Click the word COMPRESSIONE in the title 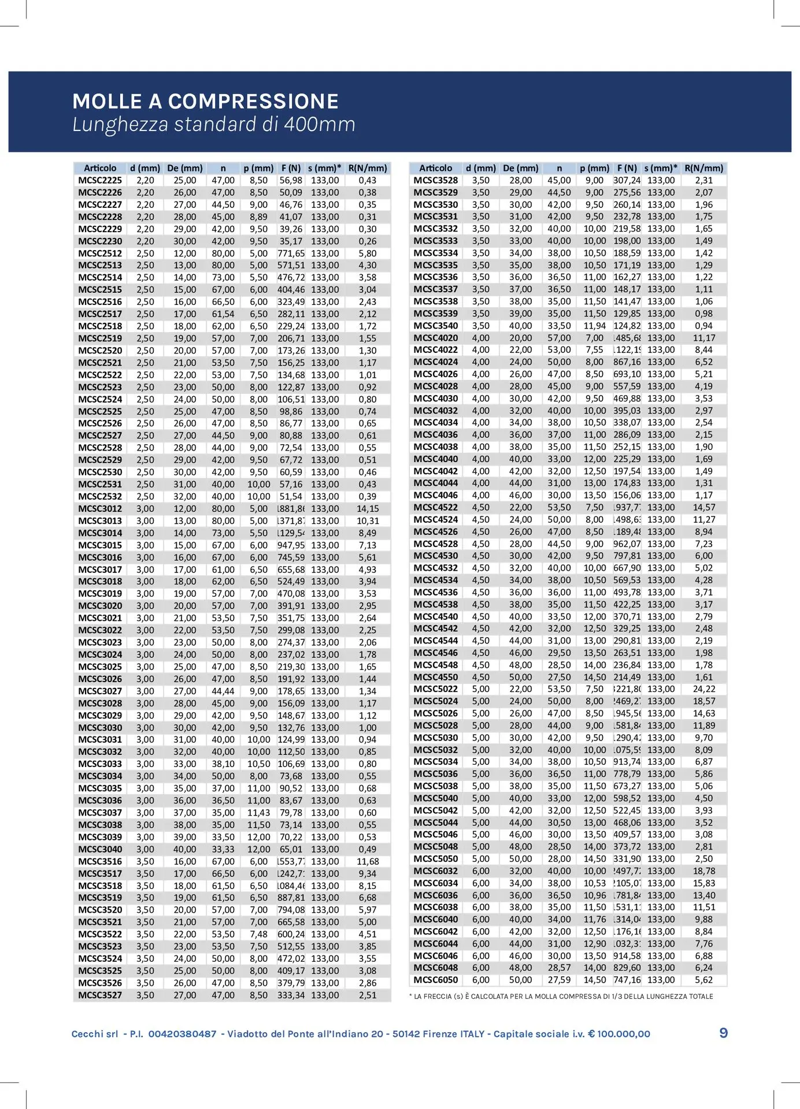[x=253, y=102]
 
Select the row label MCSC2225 [x=100, y=180]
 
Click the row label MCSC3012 [x=100, y=509]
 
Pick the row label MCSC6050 [x=435, y=980]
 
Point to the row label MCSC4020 [x=435, y=338]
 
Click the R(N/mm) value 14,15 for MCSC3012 [x=368, y=509]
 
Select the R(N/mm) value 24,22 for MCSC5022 [x=704, y=689]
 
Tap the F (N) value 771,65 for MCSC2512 [x=291, y=254]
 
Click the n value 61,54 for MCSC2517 [x=223, y=314]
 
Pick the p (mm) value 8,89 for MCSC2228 [x=258, y=217]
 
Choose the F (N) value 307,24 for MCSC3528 [x=627, y=180]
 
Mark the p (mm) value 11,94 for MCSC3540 [x=594, y=326]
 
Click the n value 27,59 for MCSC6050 [x=559, y=980]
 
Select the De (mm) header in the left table [x=185, y=168]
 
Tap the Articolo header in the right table [x=435, y=168]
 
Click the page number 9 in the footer [x=723, y=1033]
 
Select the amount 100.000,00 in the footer [x=624, y=1034]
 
